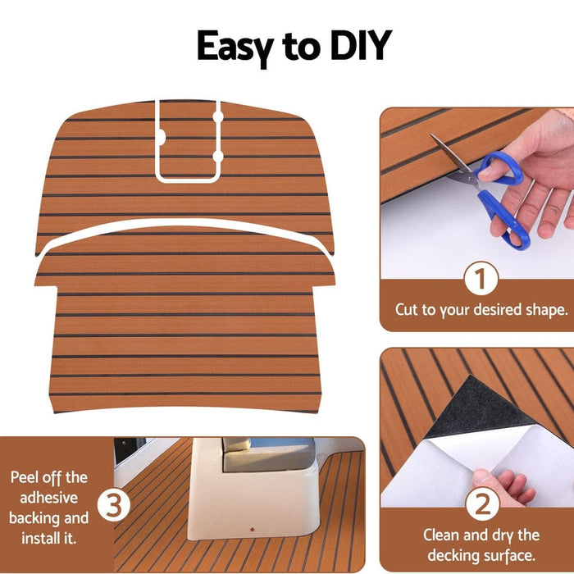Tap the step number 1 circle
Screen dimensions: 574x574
coord(481,280)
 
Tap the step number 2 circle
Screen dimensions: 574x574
coord(481,502)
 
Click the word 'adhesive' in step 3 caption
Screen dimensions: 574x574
coord(49,498)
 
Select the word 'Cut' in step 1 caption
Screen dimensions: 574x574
coord(408,311)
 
